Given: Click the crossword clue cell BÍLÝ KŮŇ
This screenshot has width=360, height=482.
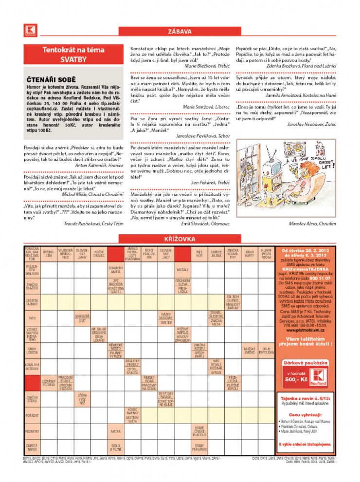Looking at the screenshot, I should pyautogui.click(x=199, y=254).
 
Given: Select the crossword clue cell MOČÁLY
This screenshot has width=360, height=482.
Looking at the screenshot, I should pyautogui.click(x=182, y=269).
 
